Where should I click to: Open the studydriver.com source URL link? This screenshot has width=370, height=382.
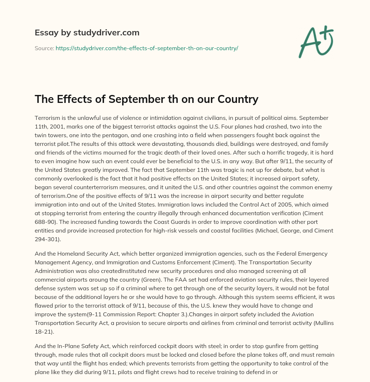(147, 48)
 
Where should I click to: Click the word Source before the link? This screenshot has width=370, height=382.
(44, 48)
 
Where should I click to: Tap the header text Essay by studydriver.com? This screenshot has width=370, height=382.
(87, 32)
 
